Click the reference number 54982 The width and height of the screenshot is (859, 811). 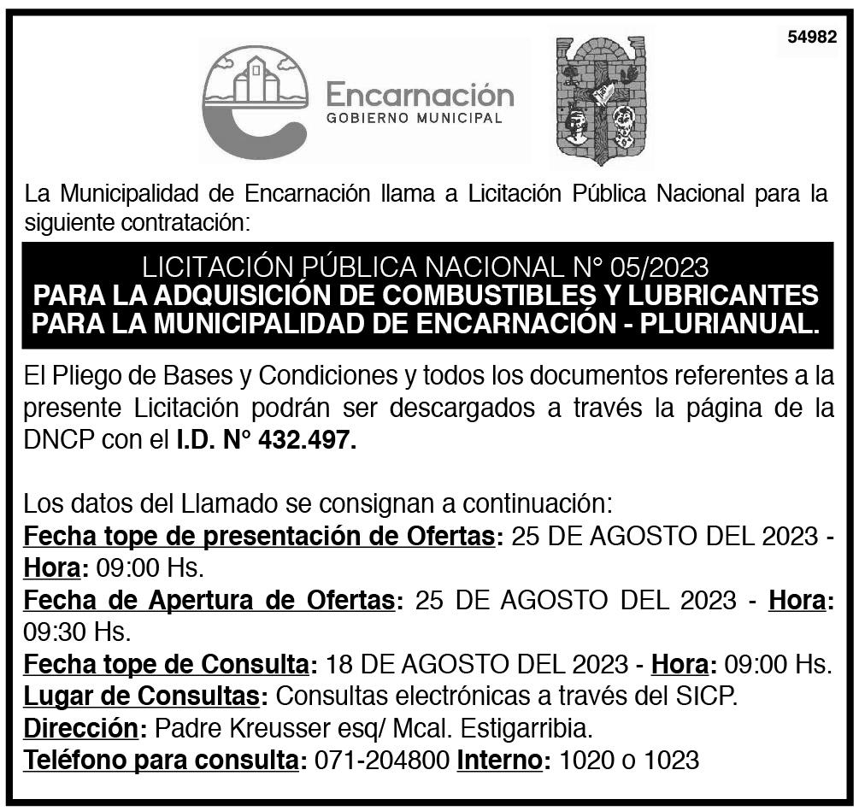[811, 38]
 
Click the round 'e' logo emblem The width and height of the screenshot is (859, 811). [254, 103]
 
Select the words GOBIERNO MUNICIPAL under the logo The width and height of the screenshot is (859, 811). [415, 119]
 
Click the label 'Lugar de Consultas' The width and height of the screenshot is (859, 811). [141, 696]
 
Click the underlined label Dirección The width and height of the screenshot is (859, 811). [80, 728]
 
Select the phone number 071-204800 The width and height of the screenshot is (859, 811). [382, 760]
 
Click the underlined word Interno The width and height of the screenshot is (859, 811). [501, 760]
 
